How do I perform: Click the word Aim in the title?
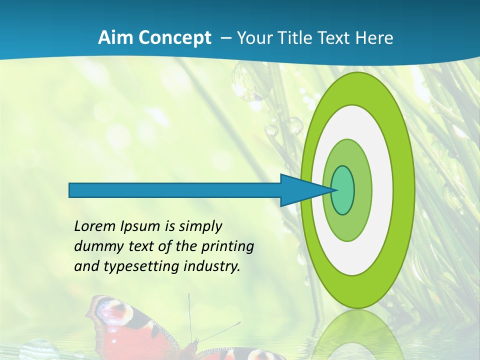click(x=112, y=38)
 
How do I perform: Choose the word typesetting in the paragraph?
click(x=141, y=266)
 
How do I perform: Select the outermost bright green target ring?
click(x=405, y=190)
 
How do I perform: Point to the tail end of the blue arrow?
click(x=72, y=190)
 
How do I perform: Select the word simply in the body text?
click(x=200, y=226)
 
